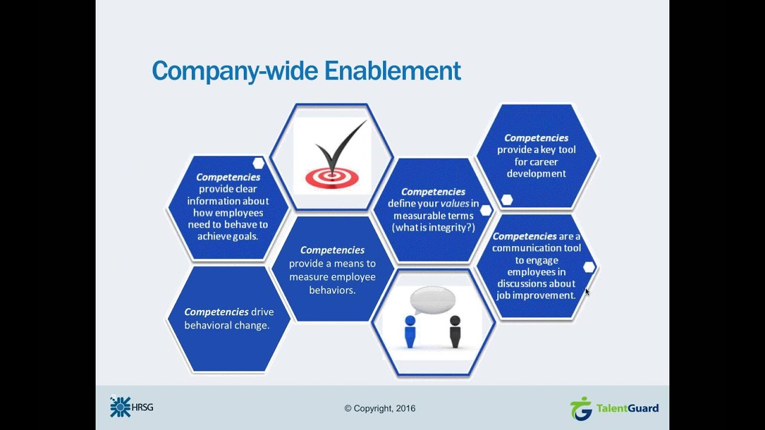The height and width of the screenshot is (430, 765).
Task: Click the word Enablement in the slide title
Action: tap(393, 70)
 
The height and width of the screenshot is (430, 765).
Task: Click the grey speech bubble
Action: tap(433, 299)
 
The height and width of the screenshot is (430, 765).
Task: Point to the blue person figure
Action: tap(410, 331)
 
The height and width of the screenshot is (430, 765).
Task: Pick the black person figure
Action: tap(455, 331)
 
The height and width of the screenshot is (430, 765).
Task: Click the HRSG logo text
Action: tap(143, 407)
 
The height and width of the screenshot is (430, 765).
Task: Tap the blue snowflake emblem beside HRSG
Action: tap(120, 407)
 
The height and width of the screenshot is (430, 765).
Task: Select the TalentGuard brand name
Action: tap(627, 408)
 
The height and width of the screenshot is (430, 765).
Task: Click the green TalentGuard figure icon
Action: tap(580, 408)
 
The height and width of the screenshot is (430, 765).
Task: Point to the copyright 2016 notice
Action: tap(380, 408)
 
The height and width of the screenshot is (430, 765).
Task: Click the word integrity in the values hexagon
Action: tap(445, 228)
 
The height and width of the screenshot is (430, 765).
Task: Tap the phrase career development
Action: tap(536, 168)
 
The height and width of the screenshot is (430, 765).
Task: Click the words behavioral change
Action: tap(227, 325)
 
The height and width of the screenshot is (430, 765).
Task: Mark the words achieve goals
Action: tap(228, 236)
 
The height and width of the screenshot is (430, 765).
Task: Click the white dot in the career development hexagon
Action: tap(507, 200)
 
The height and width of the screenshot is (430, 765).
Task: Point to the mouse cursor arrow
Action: tap(587, 291)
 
